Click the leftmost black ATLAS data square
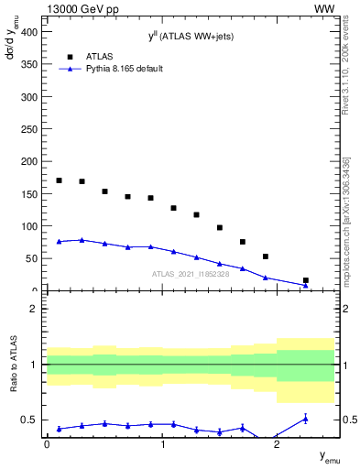pos(59,180)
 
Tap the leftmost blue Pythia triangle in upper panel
pos(59,242)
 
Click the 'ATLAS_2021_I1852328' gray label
pos(190,274)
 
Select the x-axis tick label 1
pos(162,443)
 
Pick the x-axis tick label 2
pos(277,443)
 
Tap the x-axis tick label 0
pos(48,443)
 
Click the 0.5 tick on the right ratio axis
pos(346,420)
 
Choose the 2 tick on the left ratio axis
pos(34,309)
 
